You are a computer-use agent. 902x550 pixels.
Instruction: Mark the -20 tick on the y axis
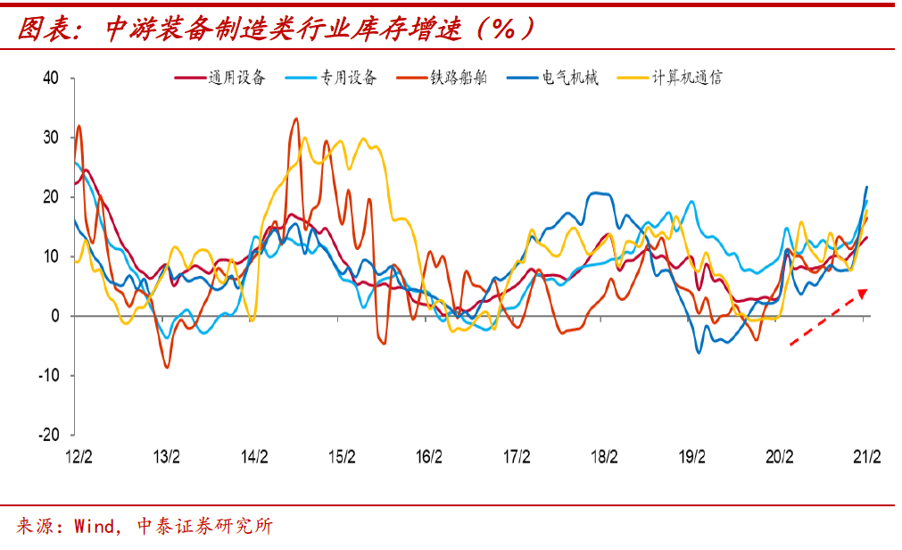[x=49, y=435]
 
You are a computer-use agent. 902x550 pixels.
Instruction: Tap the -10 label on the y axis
[x=49, y=375]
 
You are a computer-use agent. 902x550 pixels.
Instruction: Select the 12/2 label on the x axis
[x=79, y=457]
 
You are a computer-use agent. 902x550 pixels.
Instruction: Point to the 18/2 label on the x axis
[x=604, y=457]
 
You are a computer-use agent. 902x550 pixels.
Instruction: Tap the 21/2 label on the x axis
[x=866, y=457]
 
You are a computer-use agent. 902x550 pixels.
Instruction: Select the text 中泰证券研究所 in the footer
[x=204, y=526]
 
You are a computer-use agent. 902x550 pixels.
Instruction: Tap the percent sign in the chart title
[x=504, y=30]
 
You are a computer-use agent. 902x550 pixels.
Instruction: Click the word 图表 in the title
[x=41, y=30]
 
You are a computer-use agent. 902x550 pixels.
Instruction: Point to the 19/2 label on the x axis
[x=691, y=457]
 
